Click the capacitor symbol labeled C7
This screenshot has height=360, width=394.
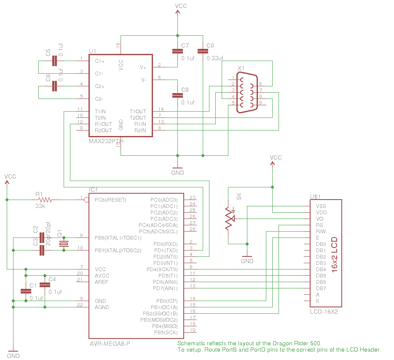177,51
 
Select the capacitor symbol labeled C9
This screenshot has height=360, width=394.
203,51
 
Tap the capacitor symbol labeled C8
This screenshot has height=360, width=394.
177,96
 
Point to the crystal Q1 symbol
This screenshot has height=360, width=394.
64,244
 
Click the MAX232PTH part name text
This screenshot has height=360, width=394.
106,141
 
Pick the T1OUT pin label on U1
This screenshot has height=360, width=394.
138,112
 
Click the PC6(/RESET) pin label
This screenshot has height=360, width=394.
110,200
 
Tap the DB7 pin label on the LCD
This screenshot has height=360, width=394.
321,288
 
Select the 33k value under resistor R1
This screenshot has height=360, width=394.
40,206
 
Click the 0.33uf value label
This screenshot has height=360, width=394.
214,59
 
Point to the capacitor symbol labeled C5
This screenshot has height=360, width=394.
54,61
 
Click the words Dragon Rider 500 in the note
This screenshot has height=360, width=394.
299,343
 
